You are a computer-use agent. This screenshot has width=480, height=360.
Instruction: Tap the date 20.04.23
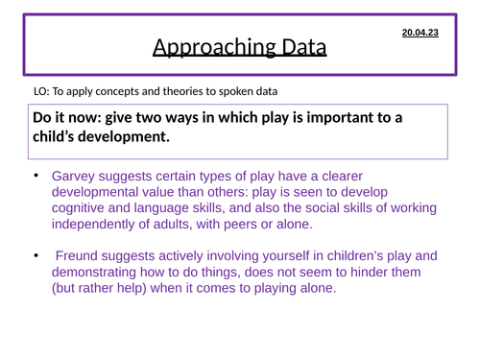tap(420, 34)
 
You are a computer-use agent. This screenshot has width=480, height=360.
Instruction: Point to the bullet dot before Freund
tap(37, 254)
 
